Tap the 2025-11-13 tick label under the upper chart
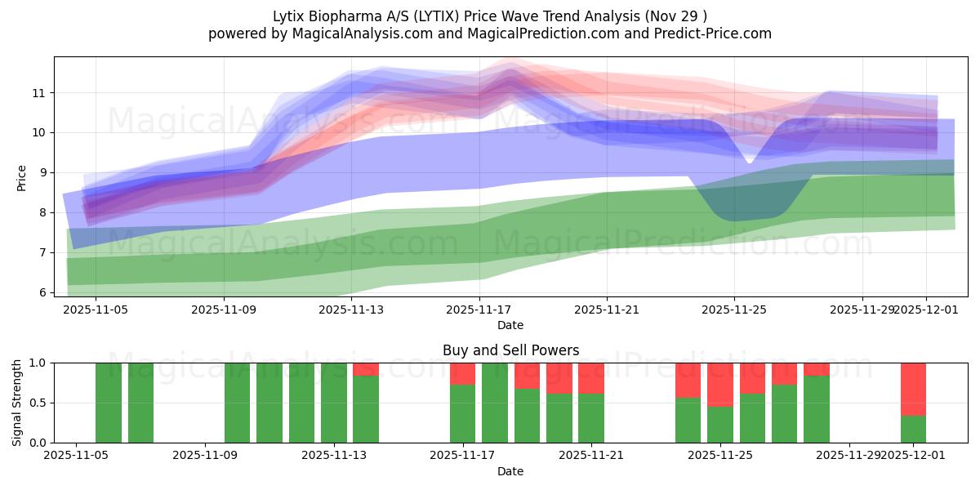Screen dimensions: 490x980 (x=351, y=310)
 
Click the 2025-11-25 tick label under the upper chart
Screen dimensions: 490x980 (x=734, y=310)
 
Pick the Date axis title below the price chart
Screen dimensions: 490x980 (x=510, y=325)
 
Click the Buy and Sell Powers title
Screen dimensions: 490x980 (x=510, y=350)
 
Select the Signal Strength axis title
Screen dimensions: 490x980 (x=17, y=402)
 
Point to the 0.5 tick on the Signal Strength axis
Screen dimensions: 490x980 (x=37, y=403)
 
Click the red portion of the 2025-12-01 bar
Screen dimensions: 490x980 (x=913, y=389)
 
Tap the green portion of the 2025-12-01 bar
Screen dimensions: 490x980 (x=913, y=429)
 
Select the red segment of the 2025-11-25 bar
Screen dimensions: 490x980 (x=720, y=384)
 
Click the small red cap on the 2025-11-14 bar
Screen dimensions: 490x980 (x=366, y=369)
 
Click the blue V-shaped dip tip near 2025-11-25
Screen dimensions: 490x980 (x=749, y=161)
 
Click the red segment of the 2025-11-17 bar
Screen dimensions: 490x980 (x=462, y=373)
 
